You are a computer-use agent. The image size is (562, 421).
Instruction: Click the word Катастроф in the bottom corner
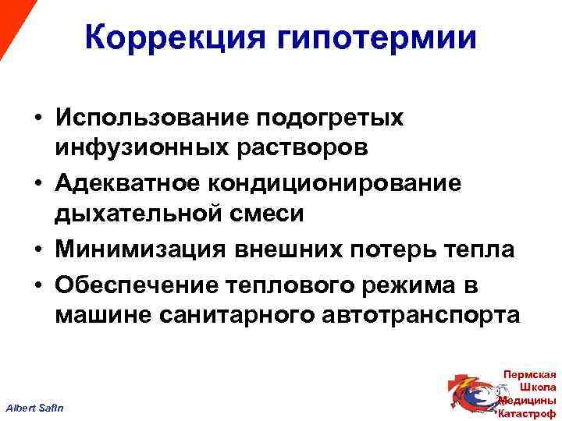(x=528, y=413)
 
